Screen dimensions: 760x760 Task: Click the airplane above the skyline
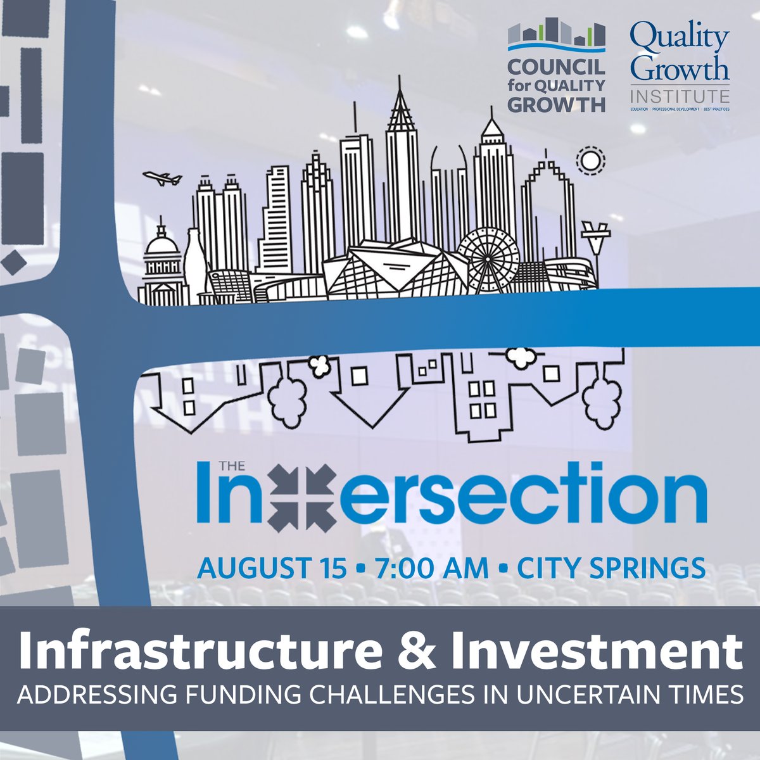(x=163, y=178)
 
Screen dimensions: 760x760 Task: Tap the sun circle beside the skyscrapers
(x=590, y=161)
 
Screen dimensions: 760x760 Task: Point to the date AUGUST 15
(x=271, y=567)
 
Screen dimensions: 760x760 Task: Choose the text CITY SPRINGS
(x=611, y=567)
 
